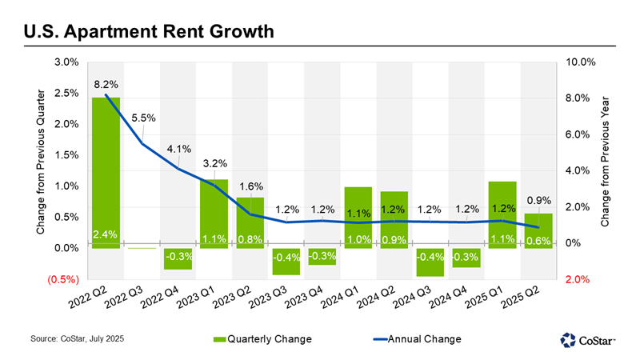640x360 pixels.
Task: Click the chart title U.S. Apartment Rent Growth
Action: (x=149, y=33)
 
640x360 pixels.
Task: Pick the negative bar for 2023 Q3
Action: (x=286, y=261)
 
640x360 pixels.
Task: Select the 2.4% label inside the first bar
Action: (x=106, y=235)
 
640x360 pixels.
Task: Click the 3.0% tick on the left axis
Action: (x=66, y=62)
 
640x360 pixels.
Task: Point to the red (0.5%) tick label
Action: (x=63, y=279)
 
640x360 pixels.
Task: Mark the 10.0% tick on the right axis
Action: (x=582, y=62)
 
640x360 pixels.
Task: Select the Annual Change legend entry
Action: (x=413, y=339)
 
